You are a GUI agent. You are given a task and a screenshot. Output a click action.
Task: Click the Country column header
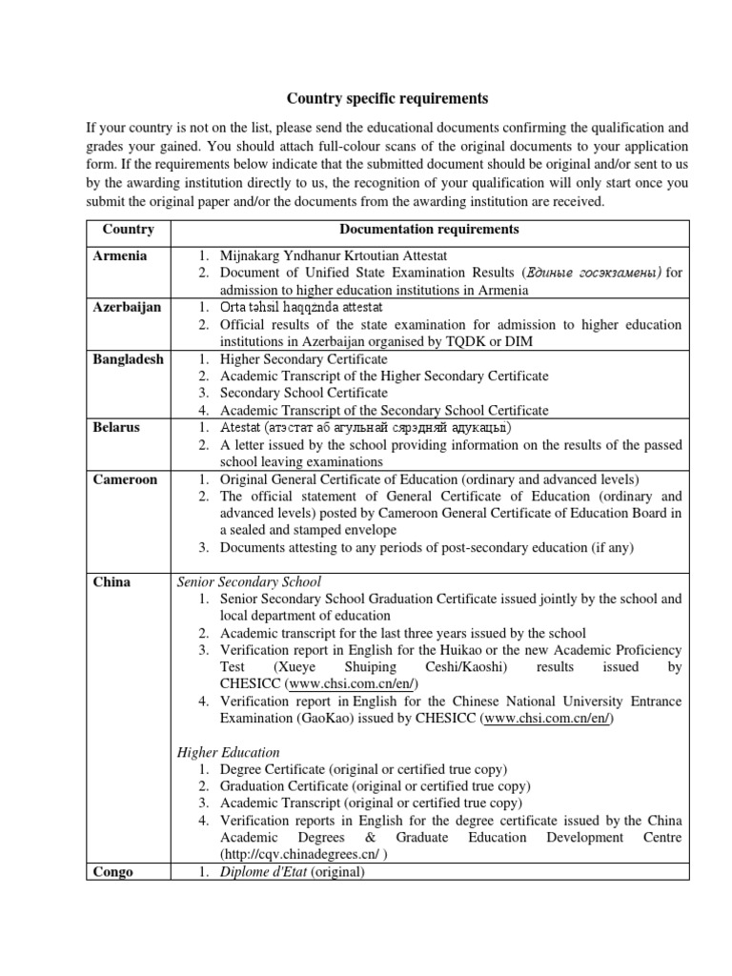[x=128, y=230]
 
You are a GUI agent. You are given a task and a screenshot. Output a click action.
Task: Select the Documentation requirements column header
[x=429, y=230]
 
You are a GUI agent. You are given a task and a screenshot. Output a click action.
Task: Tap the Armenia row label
[x=121, y=256]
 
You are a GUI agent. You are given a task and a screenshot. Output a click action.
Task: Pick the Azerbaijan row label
[x=127, y=307]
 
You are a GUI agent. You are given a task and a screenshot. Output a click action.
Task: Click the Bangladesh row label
[x=128, y=359]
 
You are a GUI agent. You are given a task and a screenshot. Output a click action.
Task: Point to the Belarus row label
[x=116, y=427]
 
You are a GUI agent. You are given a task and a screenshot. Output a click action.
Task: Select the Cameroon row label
[x=125, y=478]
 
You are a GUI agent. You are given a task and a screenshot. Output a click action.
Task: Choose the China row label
[x=112, y=581]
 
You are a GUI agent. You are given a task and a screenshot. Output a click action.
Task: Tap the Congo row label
[x=113, y=871]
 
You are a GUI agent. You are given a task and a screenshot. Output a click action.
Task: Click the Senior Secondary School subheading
[x=250, y=581]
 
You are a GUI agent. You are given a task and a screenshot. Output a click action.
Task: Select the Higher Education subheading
[x=229, y=752]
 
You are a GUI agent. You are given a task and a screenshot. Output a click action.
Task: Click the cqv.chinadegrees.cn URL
[x=302, y=854]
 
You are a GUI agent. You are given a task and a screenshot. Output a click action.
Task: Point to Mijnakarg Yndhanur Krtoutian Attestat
[x=333, y=256]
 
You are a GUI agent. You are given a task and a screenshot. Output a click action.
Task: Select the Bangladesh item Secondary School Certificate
[x=303, y=393]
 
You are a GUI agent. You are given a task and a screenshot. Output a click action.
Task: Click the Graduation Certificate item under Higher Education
[x=284, y=786]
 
